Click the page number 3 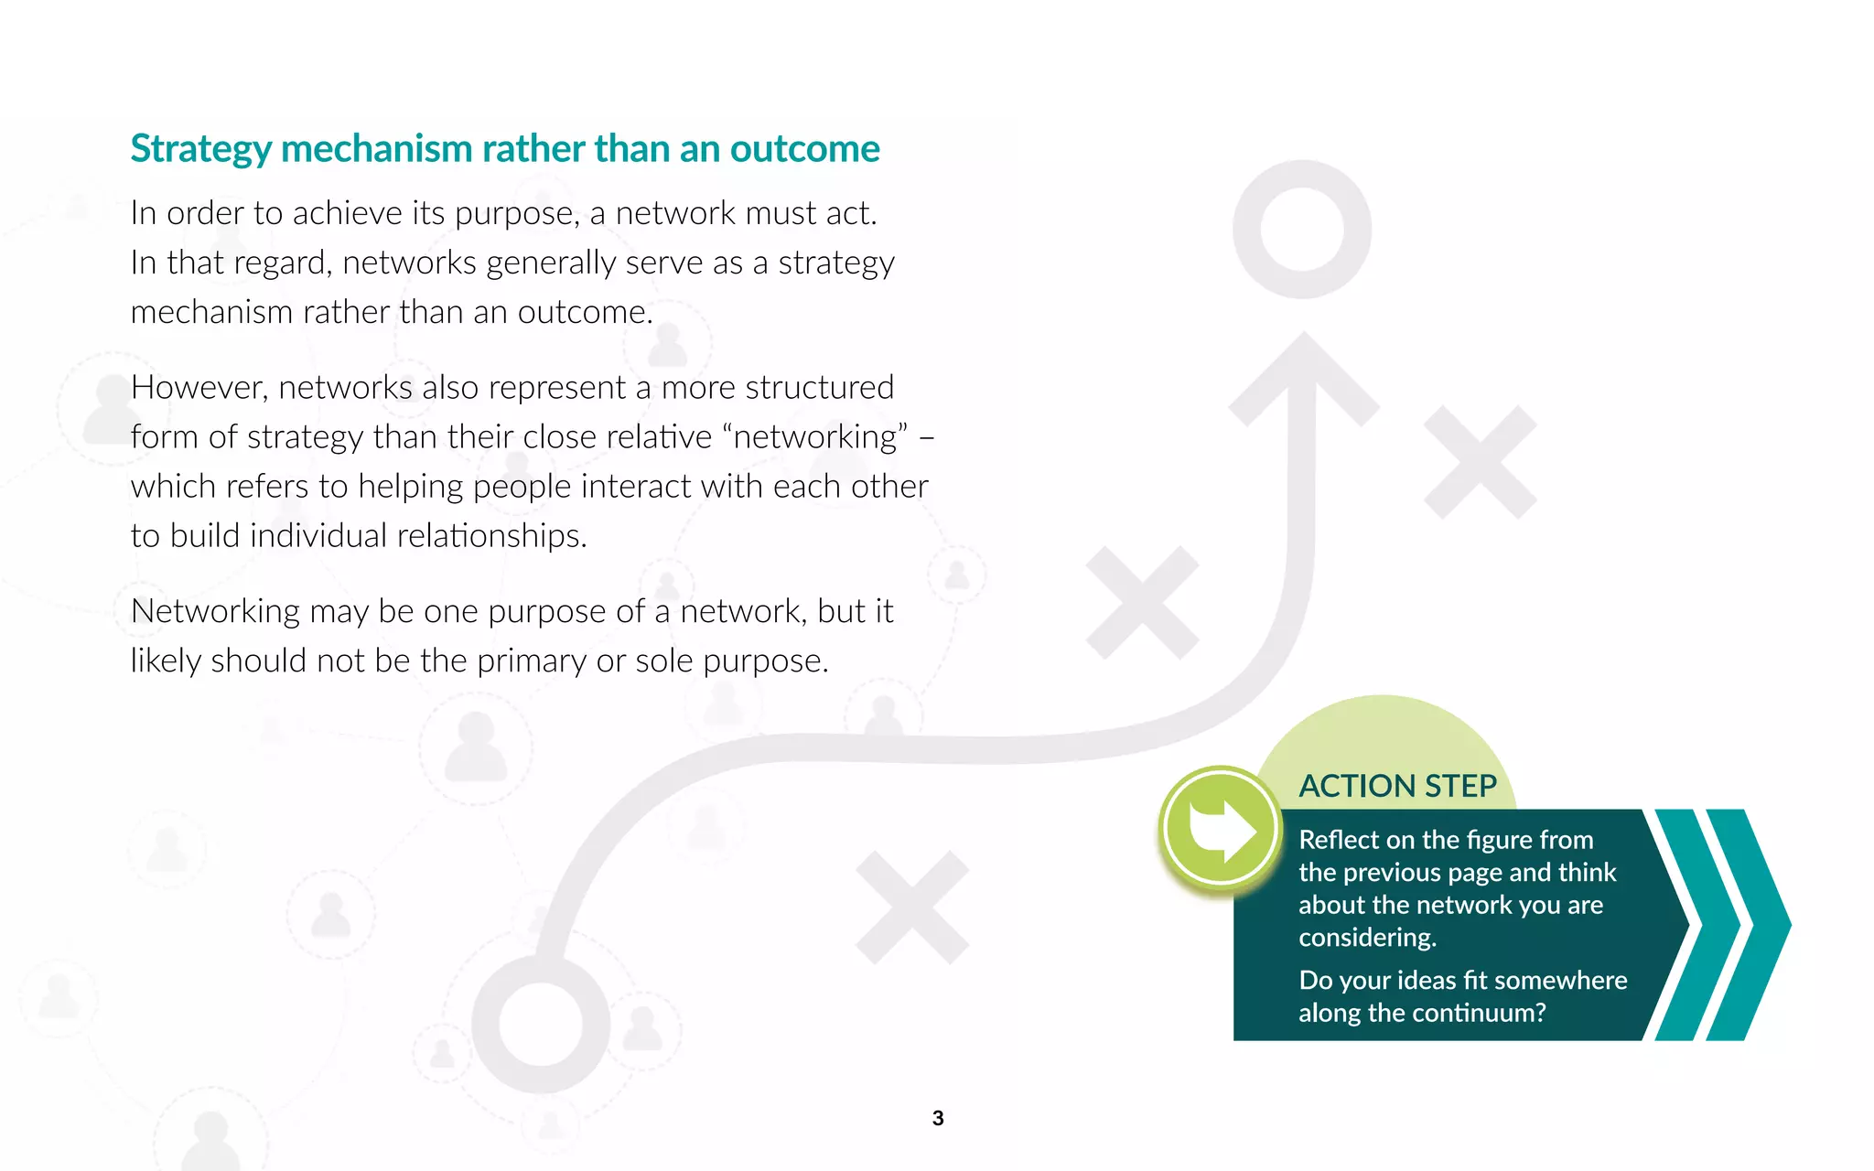pos(938,1118)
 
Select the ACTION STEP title pos(1397,786)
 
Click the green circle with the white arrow pos(1220,829)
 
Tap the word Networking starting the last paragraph pos(215,611)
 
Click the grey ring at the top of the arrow pos(1302,229)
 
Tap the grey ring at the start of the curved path pos(541,1025)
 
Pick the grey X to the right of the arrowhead pos(1481,462)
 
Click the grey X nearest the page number pos(912,908)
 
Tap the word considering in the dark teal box pos(1367,938)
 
